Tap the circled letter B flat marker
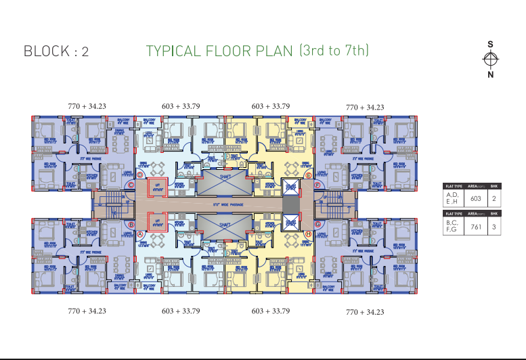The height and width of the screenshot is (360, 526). click(131, 225)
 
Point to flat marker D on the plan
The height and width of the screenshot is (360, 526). click(140, 174)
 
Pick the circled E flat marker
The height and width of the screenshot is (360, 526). click(308, 175)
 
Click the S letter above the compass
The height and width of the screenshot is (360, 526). click(490, 45)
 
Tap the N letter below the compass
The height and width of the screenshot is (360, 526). click(490, 75)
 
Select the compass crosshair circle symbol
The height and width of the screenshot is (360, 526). click(490, 60)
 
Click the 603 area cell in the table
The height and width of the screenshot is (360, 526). click(476, 198)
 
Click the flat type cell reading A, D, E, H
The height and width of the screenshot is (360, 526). click(452, 198)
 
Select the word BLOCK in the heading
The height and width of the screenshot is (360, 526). click(46, 51)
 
